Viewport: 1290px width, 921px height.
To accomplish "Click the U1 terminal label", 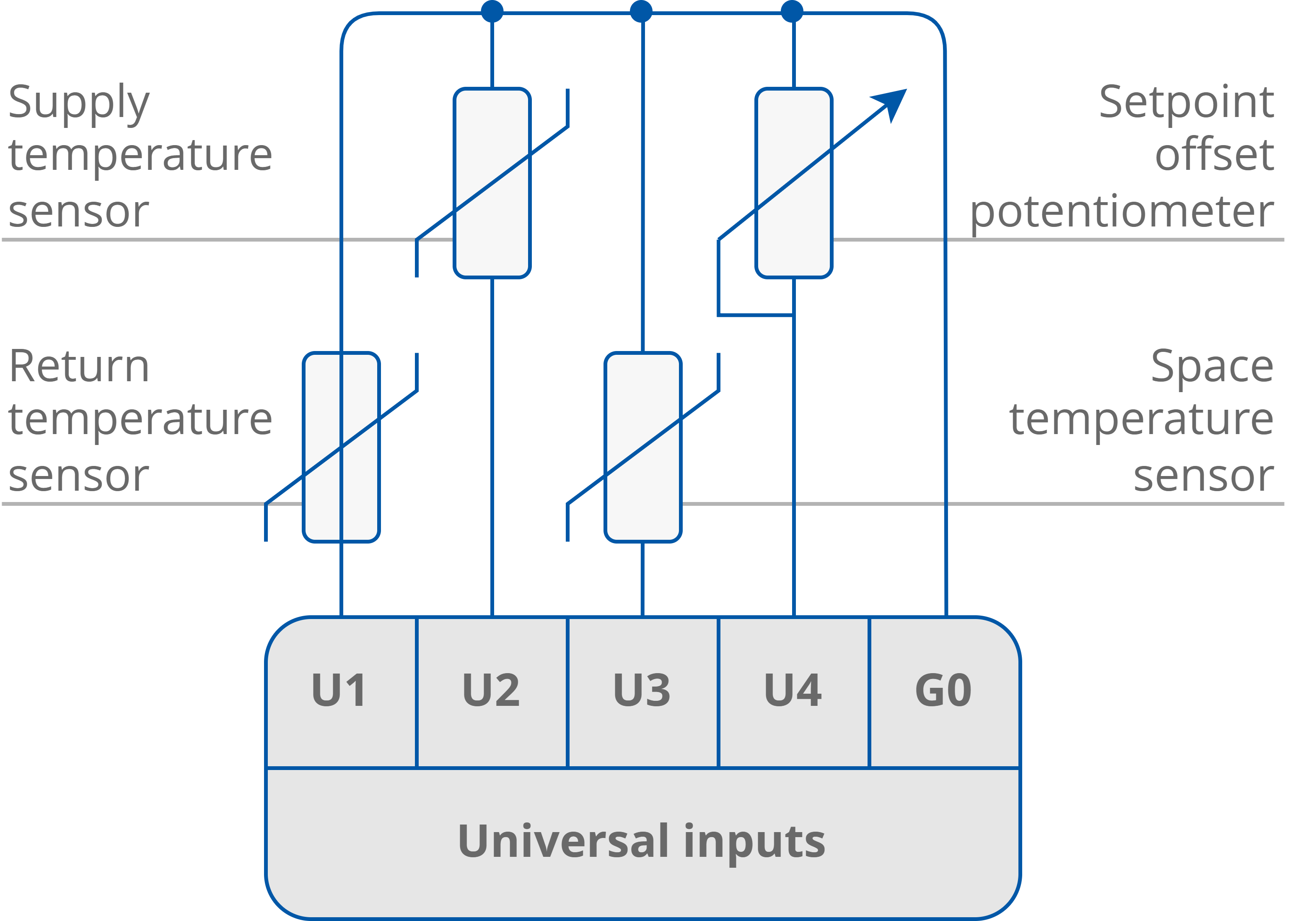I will (339, 690).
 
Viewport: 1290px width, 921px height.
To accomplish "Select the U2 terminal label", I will (491, 690).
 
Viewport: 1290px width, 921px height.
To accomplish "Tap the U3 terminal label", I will (642, 690).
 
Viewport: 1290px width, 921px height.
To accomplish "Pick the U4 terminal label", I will (793, 690).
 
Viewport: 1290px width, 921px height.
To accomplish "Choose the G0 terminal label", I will (943, 690).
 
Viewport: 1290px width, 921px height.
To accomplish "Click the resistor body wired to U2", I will (492, 182).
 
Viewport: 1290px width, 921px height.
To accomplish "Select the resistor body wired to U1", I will (341, 447).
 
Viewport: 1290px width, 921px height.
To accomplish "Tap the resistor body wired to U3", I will (643, 447).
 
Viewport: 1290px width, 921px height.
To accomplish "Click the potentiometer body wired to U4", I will (793, 182).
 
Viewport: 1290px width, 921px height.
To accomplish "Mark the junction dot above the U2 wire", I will (492, 11).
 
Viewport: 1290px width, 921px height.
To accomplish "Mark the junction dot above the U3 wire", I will (641, 11).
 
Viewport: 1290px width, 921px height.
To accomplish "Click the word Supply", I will (79, 104).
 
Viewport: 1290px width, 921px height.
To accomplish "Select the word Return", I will (79, 367).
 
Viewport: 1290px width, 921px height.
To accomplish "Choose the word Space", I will (1212, 367).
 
